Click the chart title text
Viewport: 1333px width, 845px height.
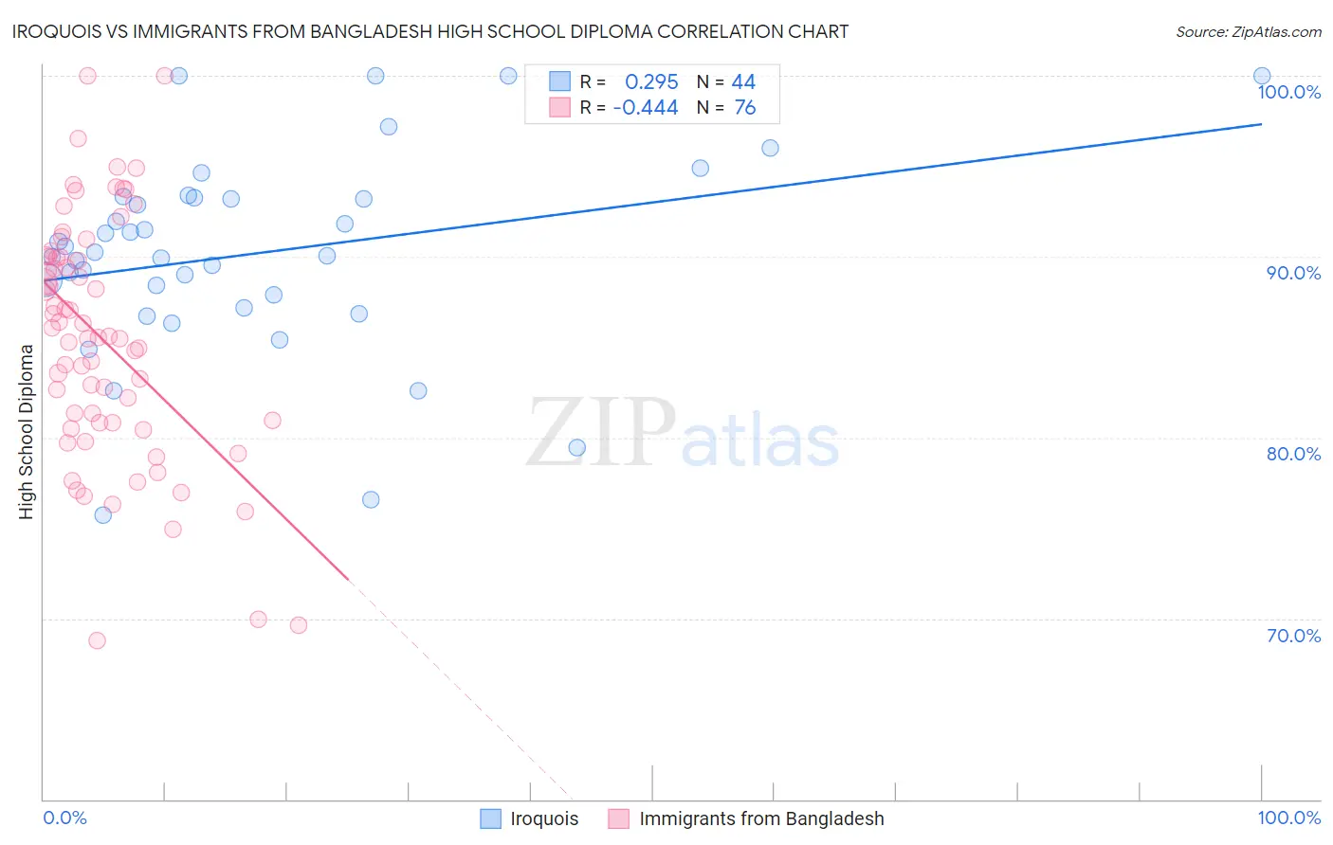tap(429, 31)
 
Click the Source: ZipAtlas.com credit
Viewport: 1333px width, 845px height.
tap(1248, 31)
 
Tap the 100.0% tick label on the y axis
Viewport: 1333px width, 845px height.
tap(1288, 92)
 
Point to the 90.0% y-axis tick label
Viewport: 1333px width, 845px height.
tap(1293, 273)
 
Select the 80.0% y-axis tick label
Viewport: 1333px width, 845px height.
tap(1293, 454)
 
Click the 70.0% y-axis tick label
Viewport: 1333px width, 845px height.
tap(1293, 636)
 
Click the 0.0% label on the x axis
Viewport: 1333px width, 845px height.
tap(64, 818)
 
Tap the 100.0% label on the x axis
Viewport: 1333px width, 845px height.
tap(1288, 818)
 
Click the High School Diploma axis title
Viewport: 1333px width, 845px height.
tap(27, 431)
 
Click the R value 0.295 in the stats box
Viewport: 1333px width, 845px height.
tap(651, 82)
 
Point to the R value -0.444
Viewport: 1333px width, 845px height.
tap(646, 108)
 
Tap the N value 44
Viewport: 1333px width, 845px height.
tap(743, 82)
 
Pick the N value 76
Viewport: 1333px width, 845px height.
tap(745, 108)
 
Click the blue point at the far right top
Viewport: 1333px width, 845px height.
tap(1261, 76)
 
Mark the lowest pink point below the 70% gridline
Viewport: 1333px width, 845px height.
tap(97, 640)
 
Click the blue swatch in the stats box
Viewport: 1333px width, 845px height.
tap(560, 81)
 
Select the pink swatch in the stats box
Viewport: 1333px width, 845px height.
tap(560, 107)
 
